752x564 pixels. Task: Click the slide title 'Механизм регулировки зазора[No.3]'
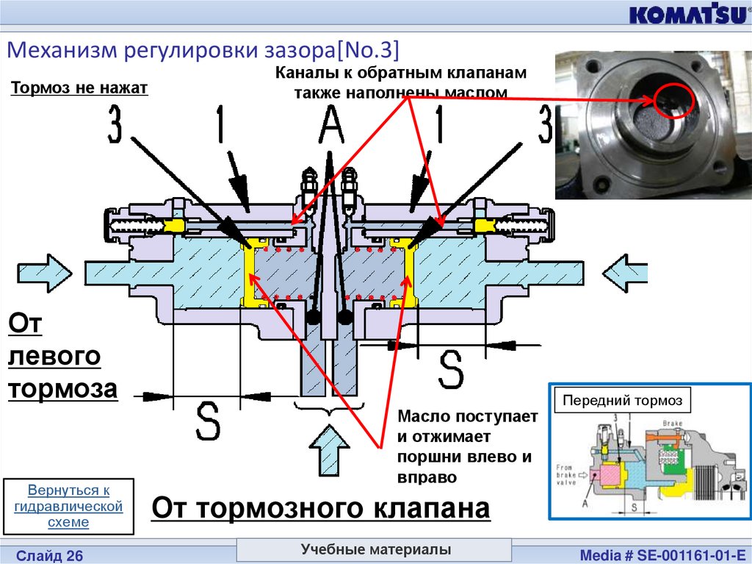pyautogui.click(x=203, y=50)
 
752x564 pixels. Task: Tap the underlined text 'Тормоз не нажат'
pyautogui.click(x=79, y=89)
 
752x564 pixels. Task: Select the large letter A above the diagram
pyautogui.click(x=330, y=125)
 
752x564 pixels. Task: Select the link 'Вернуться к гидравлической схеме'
pyautogui.click(x=68, y=506)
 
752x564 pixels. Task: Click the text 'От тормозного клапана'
pyautogui.click(x=321, y=508)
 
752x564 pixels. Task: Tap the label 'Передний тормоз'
pyautogui.click(x=622, y=401)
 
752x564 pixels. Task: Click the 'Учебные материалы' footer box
pyautogui.click(x=375, y=550)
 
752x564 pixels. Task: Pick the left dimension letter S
pyautogui.click(x=208, y=421)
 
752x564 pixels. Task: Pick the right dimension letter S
pyautogui.click(x=451, y=368)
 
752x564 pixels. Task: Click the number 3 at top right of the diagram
pyautogui.click(x=544, y=125)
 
